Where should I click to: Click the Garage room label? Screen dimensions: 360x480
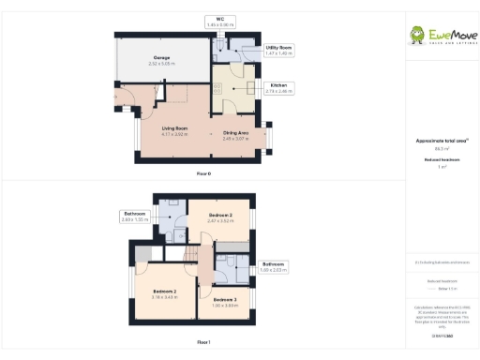click(x=162, y=61)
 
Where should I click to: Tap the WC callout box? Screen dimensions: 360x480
click(x=220, y=21)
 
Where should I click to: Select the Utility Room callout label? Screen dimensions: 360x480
click(x=278, y=49)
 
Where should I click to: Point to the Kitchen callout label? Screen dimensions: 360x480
click(x=279, y=88)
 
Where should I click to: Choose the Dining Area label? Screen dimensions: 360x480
click(x=235, y=135)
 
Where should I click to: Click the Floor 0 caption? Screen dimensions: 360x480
click(x=203, y=174)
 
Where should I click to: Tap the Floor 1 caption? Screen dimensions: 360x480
click(x=203, y=342)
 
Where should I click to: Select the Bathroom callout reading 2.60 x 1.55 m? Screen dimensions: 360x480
click(x=135, y=216)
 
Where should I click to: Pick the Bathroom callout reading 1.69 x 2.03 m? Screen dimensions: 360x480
click(x=273, y=266)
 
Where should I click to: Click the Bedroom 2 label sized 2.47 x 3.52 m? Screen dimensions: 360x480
click(x=220, y=217)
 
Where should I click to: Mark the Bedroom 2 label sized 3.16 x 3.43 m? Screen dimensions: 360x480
click(x=164, y=294)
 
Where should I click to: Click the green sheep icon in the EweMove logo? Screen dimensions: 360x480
click(x=417, y=35)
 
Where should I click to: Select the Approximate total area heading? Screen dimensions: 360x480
click(x=440, y=141)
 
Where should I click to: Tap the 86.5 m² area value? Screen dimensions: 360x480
click(x=440, y=148)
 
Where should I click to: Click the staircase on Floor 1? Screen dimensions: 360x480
click(x=196, y=258)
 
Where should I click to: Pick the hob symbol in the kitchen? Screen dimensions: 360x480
click(x=217, y=91)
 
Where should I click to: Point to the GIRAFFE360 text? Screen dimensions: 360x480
click(x=440, y=334)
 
